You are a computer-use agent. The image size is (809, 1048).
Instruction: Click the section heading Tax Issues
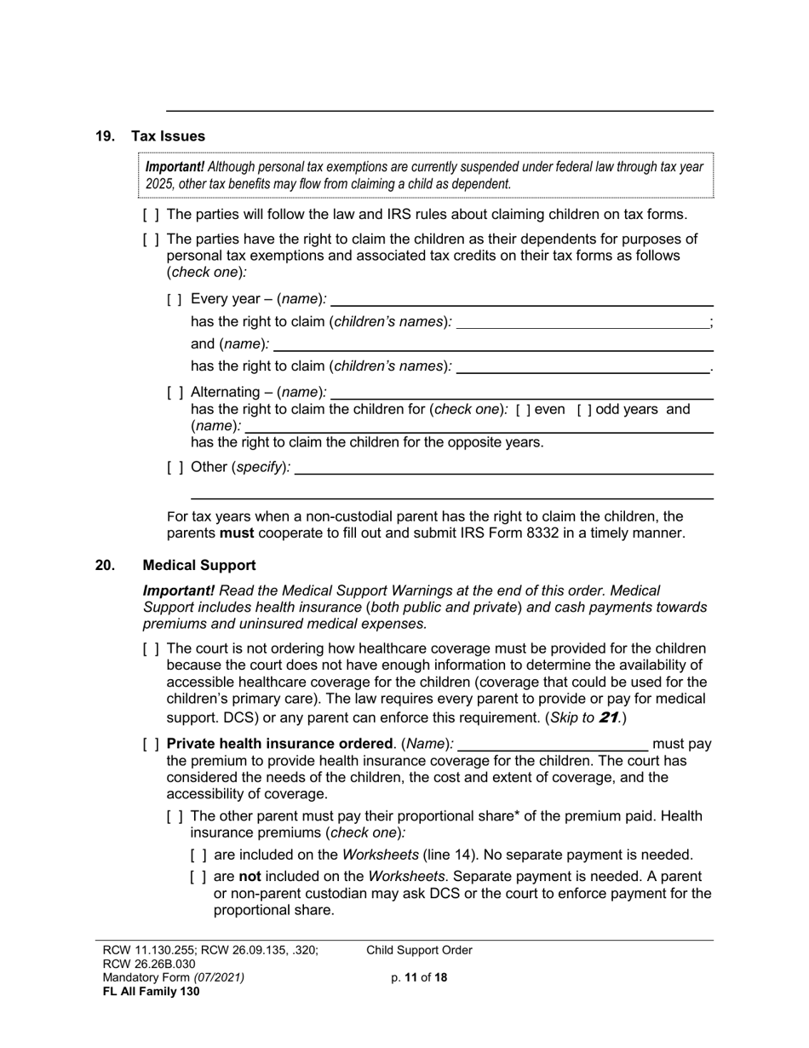(x=168, y=136)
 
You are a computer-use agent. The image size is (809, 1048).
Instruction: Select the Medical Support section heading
(x=199, y=566)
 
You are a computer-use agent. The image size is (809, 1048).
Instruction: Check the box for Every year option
(x=175, y=299)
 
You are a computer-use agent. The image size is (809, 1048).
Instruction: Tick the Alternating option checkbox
(x=175, y=393)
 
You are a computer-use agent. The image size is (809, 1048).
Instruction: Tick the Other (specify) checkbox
(x=175, y=468)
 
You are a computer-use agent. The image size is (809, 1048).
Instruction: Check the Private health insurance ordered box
(x=151, y=745)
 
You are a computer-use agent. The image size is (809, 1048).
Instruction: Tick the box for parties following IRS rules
(x=151, y=215)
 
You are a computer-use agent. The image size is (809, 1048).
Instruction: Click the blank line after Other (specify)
(x=504, y=468)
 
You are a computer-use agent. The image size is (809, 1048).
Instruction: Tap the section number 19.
(x=105, y=136)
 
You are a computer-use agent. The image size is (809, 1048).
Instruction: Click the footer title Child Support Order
(x=419, y=951)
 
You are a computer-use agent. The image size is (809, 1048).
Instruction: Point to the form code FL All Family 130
(x=151, y=992)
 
